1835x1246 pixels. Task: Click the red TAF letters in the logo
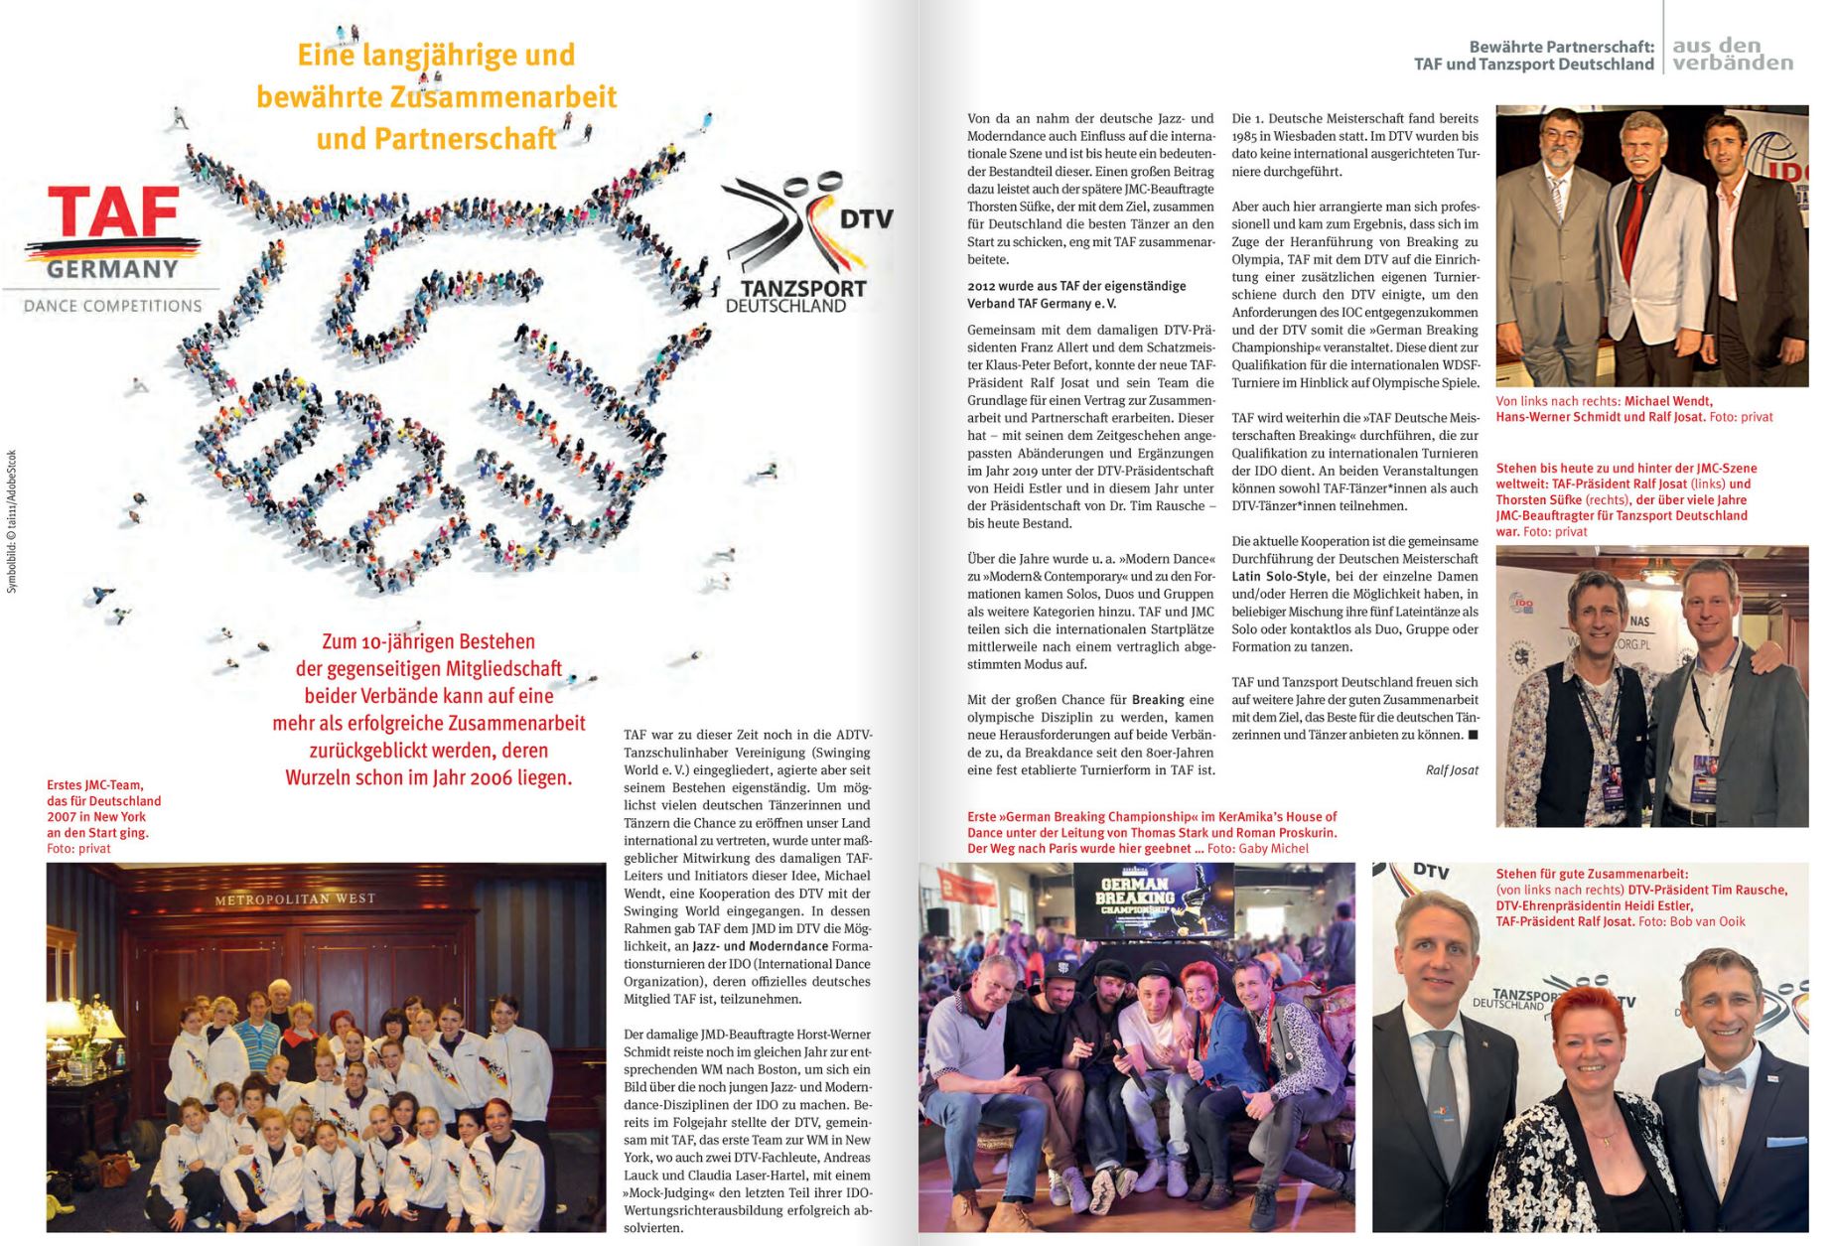click(x=114, y=211)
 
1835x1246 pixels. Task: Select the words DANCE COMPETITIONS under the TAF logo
click(x=112, y=306)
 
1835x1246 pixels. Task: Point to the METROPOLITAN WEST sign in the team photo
click(x=295, y=900)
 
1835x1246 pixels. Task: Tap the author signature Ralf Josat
click(x=1451, y=769)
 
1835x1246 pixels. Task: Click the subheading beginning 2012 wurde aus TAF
click(x=1076, y=295)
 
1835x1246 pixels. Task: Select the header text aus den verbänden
click(x=1732, y=55)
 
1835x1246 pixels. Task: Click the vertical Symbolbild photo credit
click(x=12, y=522)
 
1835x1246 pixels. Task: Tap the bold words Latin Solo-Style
click(x=1279, y=576)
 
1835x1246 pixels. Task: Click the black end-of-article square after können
click(x=1473, y=735)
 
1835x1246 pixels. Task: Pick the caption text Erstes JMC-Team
click(x=94, y=785)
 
